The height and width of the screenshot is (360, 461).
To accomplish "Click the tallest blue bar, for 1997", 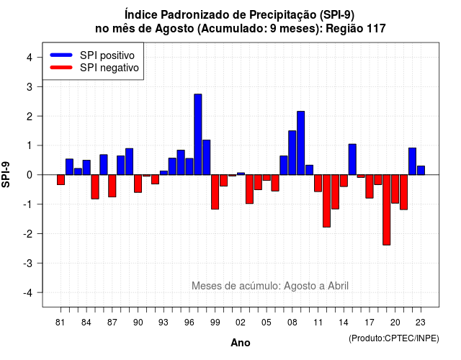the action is [x=198, y=135].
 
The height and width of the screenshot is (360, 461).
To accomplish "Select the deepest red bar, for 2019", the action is [x=386, y=210].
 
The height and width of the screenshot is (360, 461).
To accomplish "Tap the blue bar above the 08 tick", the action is [x=292, y=153].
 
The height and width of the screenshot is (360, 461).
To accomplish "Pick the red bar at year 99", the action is [x=215, y=192].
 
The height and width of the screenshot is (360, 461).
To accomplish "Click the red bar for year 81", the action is [x=61, y=180].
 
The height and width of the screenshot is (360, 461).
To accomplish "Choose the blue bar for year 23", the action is [x=421, y=171].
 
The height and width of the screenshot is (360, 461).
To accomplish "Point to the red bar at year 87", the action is [x=112, y=186].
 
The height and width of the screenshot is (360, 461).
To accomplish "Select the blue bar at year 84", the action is [x=86, y=168].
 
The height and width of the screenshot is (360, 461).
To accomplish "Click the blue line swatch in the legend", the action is [x=61, y=55].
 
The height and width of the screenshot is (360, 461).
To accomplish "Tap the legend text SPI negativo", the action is [x=109, y=68].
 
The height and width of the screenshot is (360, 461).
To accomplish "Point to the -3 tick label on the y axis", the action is [x=29, y=263].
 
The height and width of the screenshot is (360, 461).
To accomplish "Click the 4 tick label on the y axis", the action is [x=30, y=58].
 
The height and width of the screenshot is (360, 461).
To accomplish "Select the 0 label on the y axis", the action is [x=30, y=175].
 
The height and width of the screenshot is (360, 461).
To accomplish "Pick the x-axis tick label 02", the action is [x=241, y=323].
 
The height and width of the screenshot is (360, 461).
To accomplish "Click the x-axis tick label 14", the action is [x=344, y=323].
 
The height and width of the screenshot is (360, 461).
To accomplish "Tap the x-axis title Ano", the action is [x=241, y=343].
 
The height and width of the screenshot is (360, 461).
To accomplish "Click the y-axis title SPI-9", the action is [x=6, y=174].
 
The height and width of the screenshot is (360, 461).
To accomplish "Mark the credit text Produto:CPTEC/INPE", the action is [x=394, y=338].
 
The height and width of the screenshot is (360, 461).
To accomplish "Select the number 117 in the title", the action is [x=376, y=29].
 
